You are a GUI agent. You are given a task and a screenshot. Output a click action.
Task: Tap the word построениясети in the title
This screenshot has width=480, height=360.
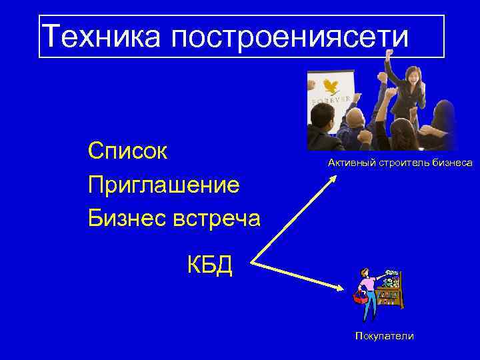290,38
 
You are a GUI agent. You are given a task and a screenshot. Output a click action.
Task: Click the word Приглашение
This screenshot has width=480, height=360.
164,184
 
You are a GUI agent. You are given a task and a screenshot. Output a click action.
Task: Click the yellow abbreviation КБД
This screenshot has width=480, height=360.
209,265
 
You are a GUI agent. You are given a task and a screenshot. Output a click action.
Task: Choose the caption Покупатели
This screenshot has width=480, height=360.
383,336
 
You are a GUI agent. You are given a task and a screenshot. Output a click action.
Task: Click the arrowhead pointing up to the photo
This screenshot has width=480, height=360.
333,178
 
